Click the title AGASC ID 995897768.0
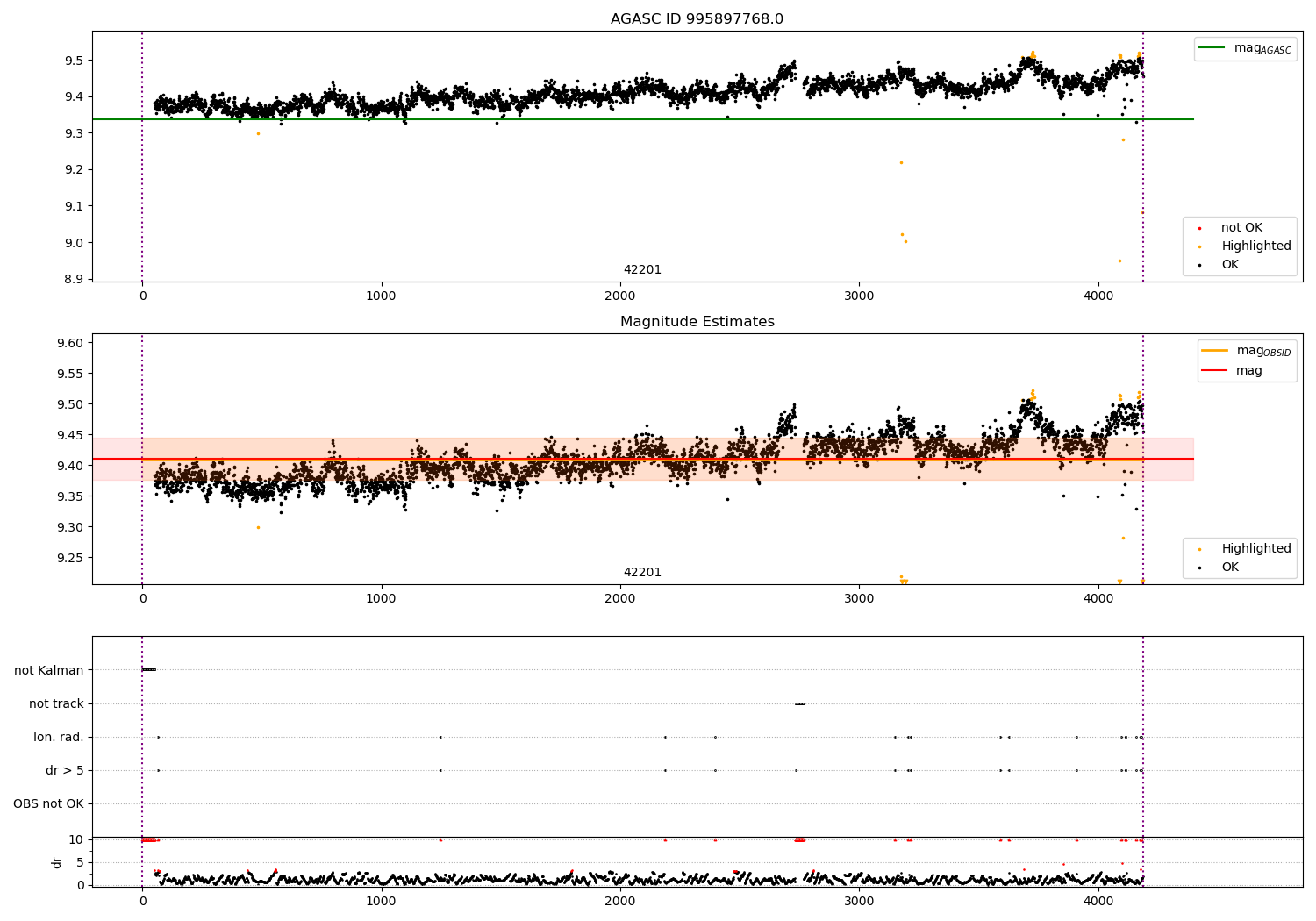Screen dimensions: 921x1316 tap(697, 19)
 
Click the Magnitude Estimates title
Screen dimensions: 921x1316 tap(697, 322)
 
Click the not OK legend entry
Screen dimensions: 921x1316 tap(1241, 228)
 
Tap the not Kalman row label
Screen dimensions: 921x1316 tap(49, 670)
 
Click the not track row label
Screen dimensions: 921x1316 tap(56, 703)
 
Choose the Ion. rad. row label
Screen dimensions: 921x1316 tap(59, 737)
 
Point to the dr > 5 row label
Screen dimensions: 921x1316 tap(64, 770)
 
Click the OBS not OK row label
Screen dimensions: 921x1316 tap(48, 803)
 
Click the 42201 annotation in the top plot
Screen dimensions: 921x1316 tap(642, 270)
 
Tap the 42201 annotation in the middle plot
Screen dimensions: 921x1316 tap(642, 573)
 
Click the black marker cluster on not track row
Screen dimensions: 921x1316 tap(799, 703)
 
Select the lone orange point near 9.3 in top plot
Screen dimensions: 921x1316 tap(258, 133)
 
